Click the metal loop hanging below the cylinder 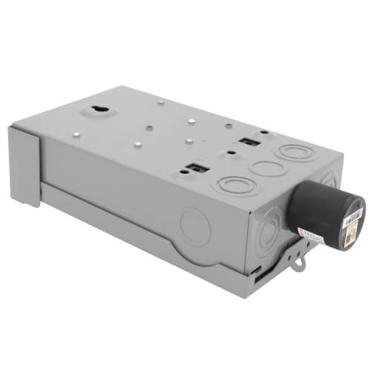coord(297,260)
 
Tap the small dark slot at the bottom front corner coord(255,270)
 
